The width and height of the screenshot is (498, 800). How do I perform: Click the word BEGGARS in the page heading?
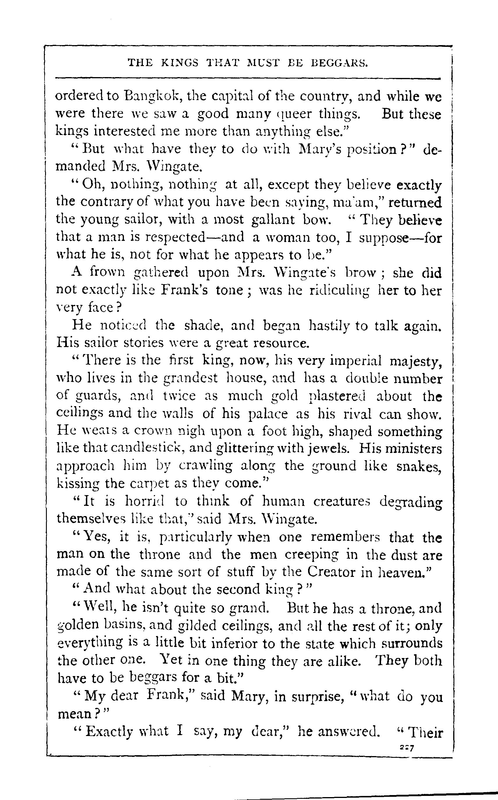coord(339,63)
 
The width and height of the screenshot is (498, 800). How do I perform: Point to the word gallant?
coord(273,220)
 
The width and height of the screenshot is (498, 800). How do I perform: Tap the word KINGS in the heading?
coord(180,63)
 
